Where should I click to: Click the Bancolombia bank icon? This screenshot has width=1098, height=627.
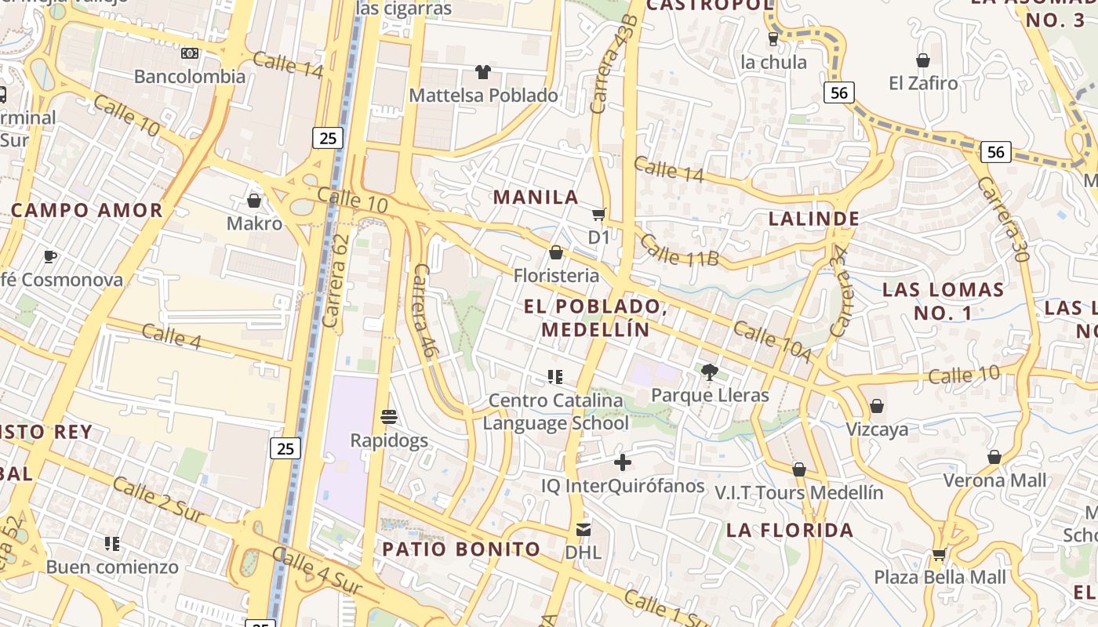190,53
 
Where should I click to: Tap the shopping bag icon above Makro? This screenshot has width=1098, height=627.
253,201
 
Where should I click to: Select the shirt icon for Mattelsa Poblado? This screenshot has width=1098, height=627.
483,72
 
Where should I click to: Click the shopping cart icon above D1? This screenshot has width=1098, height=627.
599,214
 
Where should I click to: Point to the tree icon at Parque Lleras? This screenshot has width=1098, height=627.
710,372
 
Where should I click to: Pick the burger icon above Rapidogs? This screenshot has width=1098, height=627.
389,416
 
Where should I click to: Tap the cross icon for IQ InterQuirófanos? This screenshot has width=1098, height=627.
623,462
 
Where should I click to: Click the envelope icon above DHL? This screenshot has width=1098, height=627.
584,529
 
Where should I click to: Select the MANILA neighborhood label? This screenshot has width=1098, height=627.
536,197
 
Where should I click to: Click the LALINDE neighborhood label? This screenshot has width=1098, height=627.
814,218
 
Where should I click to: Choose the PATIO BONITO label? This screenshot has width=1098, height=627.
461,549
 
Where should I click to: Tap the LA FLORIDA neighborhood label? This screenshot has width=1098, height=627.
790,531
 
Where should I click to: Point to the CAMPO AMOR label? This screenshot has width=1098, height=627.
87,210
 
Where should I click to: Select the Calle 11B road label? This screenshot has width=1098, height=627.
679,249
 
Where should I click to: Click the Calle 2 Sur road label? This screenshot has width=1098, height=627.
159,500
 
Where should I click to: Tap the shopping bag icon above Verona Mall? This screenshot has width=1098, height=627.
994,457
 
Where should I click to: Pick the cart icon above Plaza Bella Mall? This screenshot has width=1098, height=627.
939,554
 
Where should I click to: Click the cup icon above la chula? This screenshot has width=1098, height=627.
773,38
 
